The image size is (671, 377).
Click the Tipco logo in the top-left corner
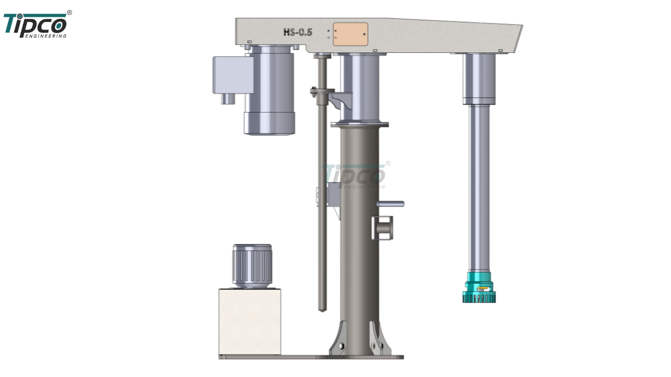[35, 25]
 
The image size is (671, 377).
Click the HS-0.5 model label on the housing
[298, 32]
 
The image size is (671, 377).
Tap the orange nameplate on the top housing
[350, 34]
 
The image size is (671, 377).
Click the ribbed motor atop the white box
[252, 265]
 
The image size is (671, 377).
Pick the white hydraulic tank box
[250, 320]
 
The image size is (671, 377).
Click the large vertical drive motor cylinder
[269, 89]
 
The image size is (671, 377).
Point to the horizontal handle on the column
[391, 204]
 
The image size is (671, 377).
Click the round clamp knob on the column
[383, 228]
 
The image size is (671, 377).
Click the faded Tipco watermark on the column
[355, 175]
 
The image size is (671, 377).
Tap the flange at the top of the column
[360, 124]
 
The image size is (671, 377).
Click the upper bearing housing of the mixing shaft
[479, 79]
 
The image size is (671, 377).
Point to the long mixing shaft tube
[479, 188]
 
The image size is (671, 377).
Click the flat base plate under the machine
[311, 357]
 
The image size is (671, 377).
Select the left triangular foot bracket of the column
[338, 339]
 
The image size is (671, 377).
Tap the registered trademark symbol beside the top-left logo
[69, 13]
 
